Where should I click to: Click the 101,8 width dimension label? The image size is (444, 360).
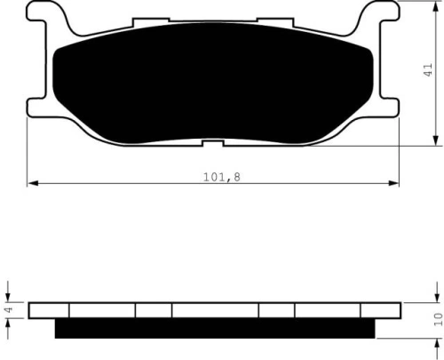tap(222, 177)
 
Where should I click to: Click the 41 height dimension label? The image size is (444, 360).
tap(428, 70)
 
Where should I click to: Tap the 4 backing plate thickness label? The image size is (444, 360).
tap(9, 309)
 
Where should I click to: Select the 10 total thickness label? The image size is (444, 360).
tap(438, 319)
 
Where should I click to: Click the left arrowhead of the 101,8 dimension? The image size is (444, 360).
tap(32, 183)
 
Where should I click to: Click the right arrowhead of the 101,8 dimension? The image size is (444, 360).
tap(394, 183)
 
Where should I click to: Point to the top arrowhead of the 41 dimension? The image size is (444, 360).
tap(435, 6)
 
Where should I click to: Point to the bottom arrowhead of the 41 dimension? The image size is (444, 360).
tap(435, 140)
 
